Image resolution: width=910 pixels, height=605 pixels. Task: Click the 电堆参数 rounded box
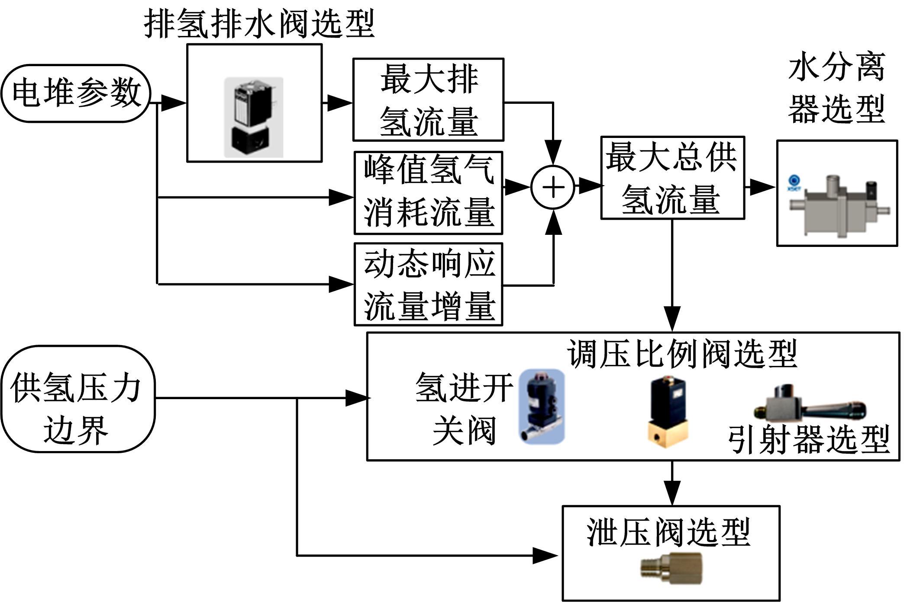click(76, 93)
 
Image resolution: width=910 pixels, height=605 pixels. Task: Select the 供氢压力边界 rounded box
click(77, 399)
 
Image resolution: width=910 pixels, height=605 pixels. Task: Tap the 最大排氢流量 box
click(428, 100)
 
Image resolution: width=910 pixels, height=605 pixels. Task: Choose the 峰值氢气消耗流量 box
click(428, 193)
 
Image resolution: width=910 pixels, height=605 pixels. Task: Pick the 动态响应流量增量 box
click(428, 284)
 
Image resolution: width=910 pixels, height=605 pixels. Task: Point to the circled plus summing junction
click(553, 188)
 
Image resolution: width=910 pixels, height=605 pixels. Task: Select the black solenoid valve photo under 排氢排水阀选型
click(254, 117)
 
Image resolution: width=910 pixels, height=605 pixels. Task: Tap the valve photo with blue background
click(542, 406)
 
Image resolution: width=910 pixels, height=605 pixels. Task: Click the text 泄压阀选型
click(668, 532)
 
